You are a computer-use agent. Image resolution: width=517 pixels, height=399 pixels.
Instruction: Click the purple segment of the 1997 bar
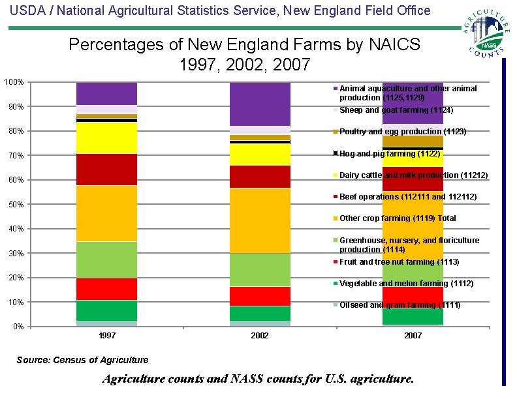click(x=106, y=93)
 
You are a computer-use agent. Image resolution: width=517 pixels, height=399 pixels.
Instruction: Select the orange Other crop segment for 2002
click(x=260, y=220)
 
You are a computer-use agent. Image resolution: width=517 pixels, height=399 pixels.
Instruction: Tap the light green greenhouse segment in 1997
click(x=106, y=259)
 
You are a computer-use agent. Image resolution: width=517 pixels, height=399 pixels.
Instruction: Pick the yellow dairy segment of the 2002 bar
click(x=260, y=155)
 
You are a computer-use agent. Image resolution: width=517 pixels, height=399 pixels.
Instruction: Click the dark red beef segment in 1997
click(x=106, y=170)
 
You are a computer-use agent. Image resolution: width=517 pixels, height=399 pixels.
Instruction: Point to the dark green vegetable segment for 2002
click(x=260, y=314)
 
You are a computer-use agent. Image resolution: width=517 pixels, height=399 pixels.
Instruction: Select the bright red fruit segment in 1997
click(x=106, y=289)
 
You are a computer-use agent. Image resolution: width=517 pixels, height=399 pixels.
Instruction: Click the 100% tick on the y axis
click(x=14, y=82)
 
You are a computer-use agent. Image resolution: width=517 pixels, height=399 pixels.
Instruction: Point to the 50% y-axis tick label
click(x=14, y=205)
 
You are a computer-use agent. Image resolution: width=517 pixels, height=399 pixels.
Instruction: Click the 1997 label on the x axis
click(x=106, y=336)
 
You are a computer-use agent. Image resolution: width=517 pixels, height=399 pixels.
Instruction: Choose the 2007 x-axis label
click(x=413, y=336)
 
